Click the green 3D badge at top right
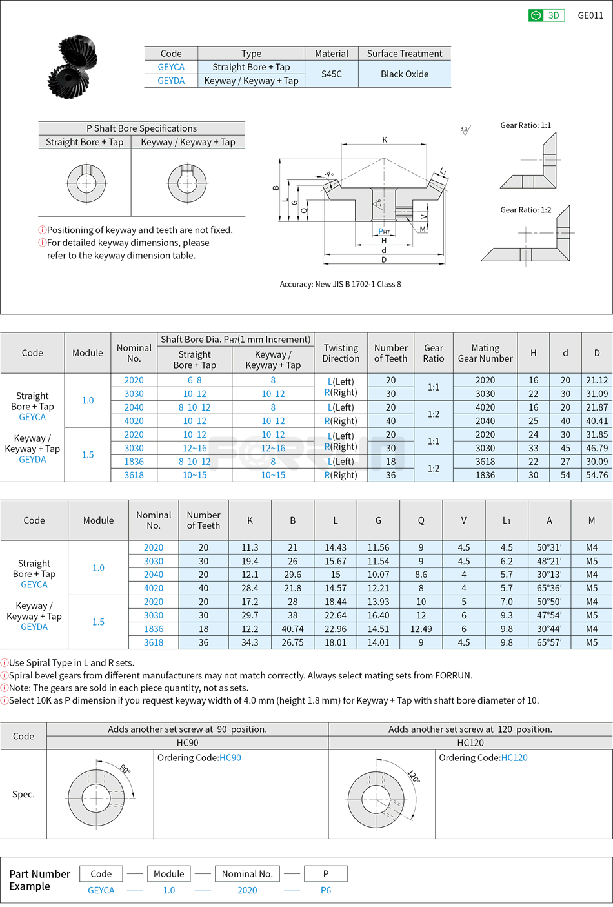tap(546, 15)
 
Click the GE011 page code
tap(590, 15)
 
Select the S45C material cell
tap(332, 74)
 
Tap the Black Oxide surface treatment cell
tap(405, 74)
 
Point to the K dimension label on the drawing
tap(385, 139)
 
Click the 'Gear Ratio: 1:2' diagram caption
tap(525, 210)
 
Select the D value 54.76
tap(597, 475)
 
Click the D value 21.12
tap(597, 380)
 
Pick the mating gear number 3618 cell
tap(485, 462)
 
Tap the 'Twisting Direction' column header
tap(341, 353)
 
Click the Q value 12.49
tap(421, 629)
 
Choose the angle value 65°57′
tap(549, 642)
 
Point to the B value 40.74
tap(292, 629)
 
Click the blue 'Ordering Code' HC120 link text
tap(514, 758)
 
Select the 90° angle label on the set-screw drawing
tap(125, 769)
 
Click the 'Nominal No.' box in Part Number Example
tap(247, 874)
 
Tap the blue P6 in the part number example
tap(326, 890)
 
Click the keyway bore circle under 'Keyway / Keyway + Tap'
tap(187, 183)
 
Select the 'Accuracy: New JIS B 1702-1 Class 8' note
tap(340, 284)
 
